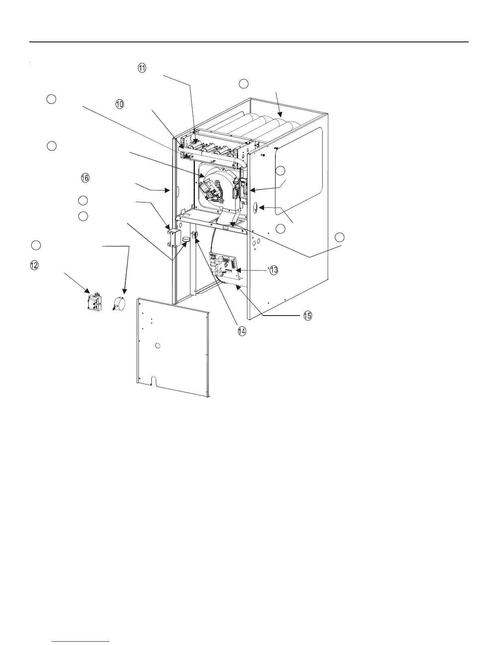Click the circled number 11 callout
(142, 68)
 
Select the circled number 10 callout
(120, 104)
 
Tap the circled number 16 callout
(85, 178)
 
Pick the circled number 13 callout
(273, 270)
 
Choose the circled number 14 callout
(242, 331)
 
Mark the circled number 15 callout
(308, 316)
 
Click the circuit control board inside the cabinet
(225, 267)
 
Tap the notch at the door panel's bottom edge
(153, 380)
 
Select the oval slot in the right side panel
(255, 209)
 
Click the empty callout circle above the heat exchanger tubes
(243, 84)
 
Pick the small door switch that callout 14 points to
(194, 235)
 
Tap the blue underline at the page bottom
(81, 641)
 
